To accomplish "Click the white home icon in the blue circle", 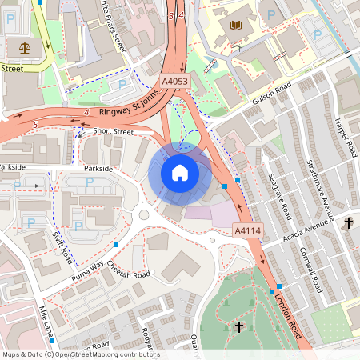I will click(x=180, y=172).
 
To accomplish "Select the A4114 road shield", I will click(x=248, y=230).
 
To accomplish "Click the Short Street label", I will click(x=113, y=131).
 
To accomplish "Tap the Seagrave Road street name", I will click(x=281, y=195).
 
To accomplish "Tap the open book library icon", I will click(x=235, y=26).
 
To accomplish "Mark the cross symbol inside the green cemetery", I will click(x=239, y=326).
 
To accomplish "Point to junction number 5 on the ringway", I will click(x=35, y=124).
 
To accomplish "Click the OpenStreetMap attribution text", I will click(x=81, y=354).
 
